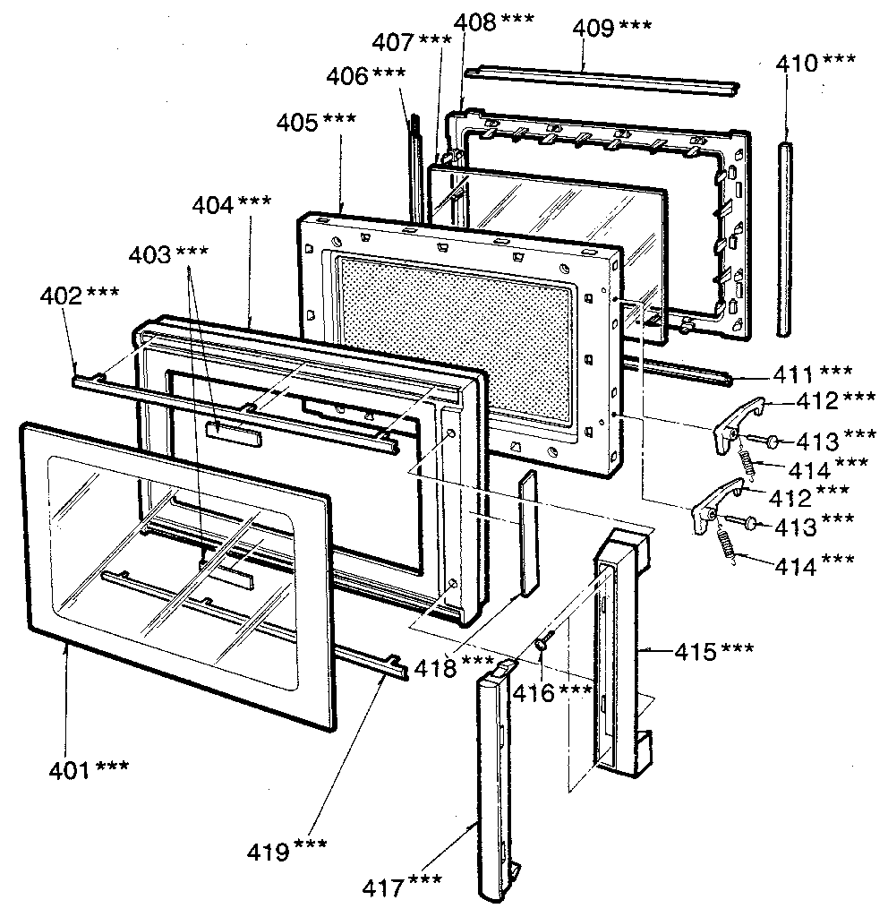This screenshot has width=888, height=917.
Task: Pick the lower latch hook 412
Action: pos(716,506)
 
